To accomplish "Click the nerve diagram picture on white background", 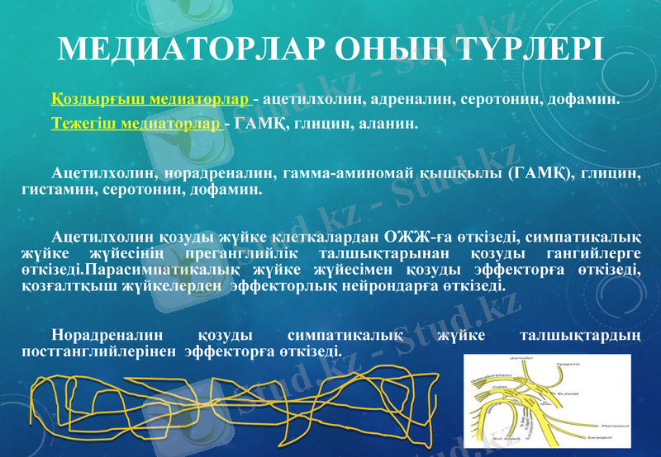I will click(547, 398).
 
